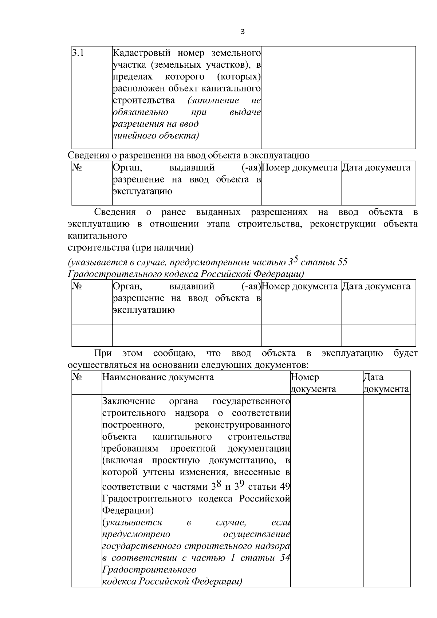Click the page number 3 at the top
pos(243,32)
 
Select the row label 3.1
pos(78,53)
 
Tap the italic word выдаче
pos(245,112)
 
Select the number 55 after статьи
pos(342,262)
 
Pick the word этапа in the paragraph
pos(218,224)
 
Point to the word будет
pos(406,353)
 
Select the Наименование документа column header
pos(158,377)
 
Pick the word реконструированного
pos(242,425)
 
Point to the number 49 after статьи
pos(285,487)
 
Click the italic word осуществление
pos(256,534)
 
